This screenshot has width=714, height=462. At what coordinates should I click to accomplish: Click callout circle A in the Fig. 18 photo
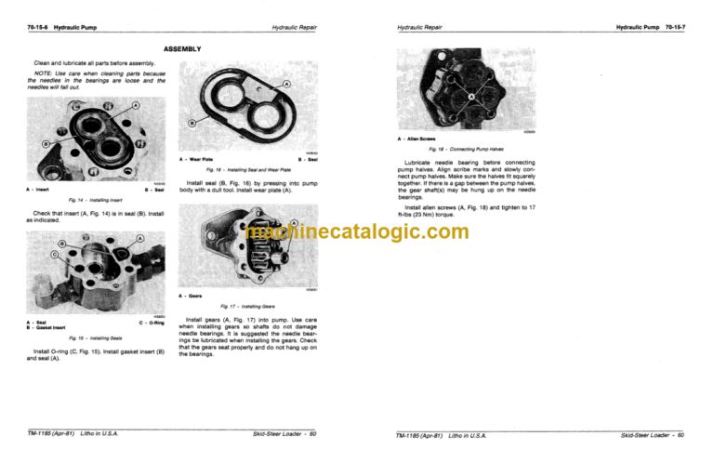point(475,96)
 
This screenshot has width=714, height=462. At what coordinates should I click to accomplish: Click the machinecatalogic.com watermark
point(357,232)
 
